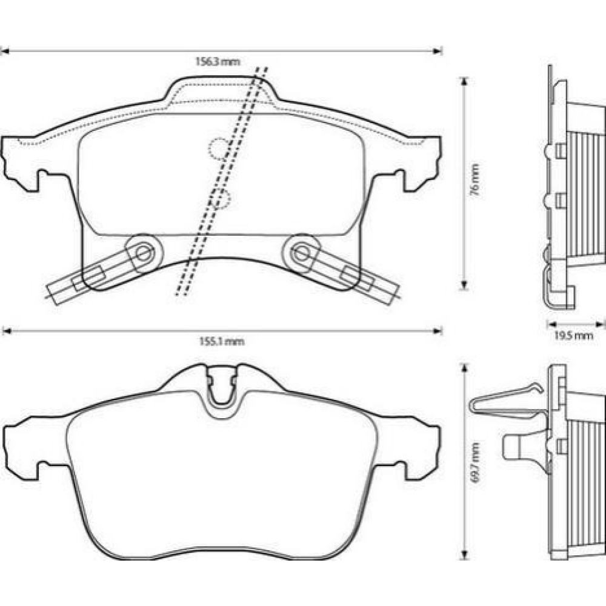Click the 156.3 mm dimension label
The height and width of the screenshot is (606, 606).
tap(218, 61)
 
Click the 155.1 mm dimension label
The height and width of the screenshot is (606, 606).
tap(222, 342)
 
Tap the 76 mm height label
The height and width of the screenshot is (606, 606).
tap(475, 180)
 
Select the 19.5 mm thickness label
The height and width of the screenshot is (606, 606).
tap(573, 336)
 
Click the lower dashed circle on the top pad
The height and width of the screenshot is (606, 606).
tap(220, 199)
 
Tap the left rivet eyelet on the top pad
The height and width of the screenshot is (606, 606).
tap(144, 253)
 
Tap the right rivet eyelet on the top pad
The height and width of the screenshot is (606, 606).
tap(302, 253)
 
